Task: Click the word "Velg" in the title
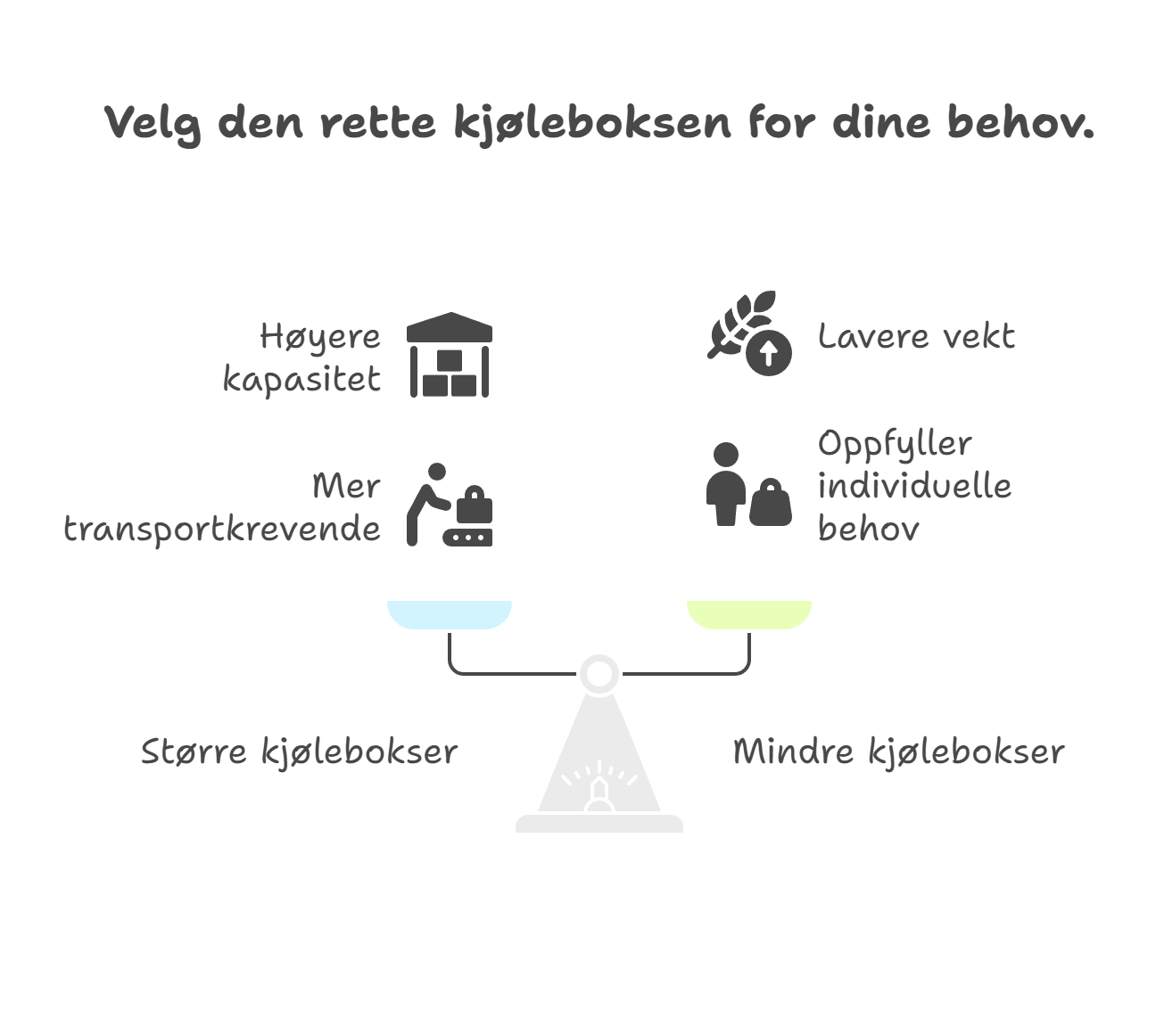pyautogui.click(x=153, y=124)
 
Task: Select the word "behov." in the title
pyautogui.click(x=1020, y=122)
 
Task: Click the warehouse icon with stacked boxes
pyautogui.click(x=450, y=355)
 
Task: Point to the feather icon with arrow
pyautogui.click(x=749, y=333)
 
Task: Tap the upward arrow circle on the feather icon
pyautogui.click(x=769, y=353)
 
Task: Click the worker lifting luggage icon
pyautogui.click(x=450, y=505)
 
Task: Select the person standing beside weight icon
pyautogui.click(x=748, y=483)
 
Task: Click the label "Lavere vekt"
pyautogui.click(x=916, y=336)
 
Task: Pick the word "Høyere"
pyautogui.click(x=320, y=336)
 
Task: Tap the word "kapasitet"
pyautogui.click(x=301, y=379)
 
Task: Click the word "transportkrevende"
pyautogui.click(x=222, y=530)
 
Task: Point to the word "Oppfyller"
pyautogui.click(x=895, y=444)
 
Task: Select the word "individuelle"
pyautogui.click(x=914, y=486)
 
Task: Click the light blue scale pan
pyautogui.click(x=450, y=615)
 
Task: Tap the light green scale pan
pyautogui.click(x=749, y=615)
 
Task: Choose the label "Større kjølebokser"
pyautogui.click(x=300, y=752)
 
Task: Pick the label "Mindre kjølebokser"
pyautogui.click(x=899, y=752)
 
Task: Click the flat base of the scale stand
pyautogui.click(x=599, y=824)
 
